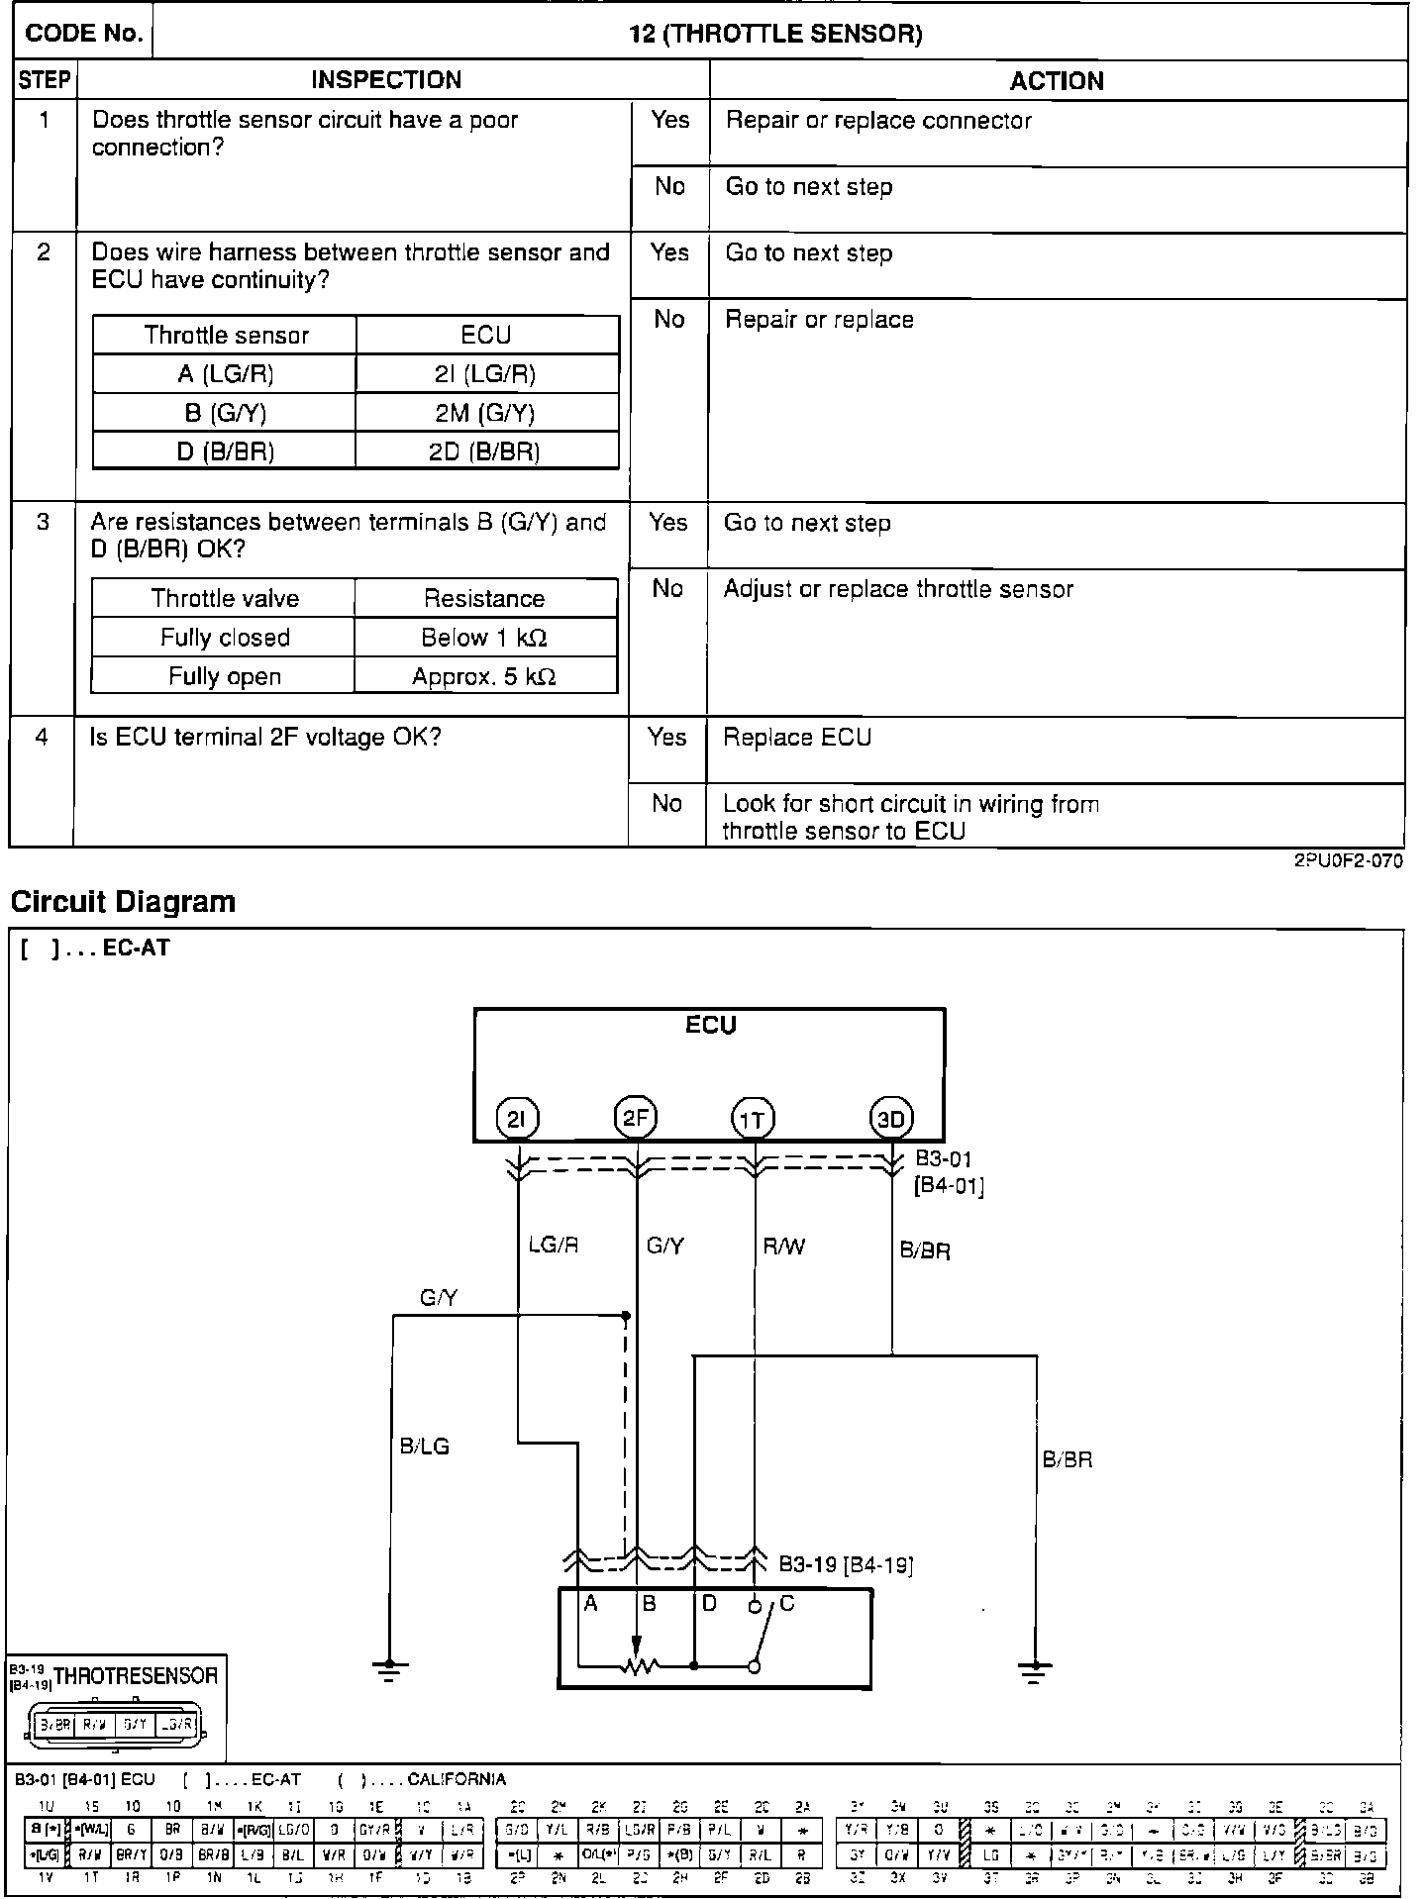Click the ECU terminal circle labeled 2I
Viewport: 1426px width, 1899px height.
click(516, 1120)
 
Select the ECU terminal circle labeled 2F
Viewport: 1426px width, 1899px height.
click(635, 1118)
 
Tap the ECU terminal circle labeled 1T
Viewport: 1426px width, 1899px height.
click(753, 1120)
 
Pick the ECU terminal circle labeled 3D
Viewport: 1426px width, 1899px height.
click(891, 1120)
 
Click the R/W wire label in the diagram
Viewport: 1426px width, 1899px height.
click(783, 1247)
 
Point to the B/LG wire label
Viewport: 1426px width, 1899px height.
click(424, 1447)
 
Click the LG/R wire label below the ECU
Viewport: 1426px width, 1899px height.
click(553, 1246)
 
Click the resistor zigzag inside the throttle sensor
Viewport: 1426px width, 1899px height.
click(640, 1667)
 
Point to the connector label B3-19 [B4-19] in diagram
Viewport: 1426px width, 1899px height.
click(845, 1565)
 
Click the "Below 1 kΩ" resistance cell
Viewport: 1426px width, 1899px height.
click(484, 638)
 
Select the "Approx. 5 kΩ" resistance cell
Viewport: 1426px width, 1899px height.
click(484, 677)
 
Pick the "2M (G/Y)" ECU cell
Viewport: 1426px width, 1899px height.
click(485, 413)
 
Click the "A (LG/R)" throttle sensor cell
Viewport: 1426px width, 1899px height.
click(226, 374)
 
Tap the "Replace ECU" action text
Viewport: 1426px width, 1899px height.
click(797, 738)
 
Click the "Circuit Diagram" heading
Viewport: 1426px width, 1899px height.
click(123, 902)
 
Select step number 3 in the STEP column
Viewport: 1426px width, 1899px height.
click(43, 522)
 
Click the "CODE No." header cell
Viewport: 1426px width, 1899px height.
click(84, 34)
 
